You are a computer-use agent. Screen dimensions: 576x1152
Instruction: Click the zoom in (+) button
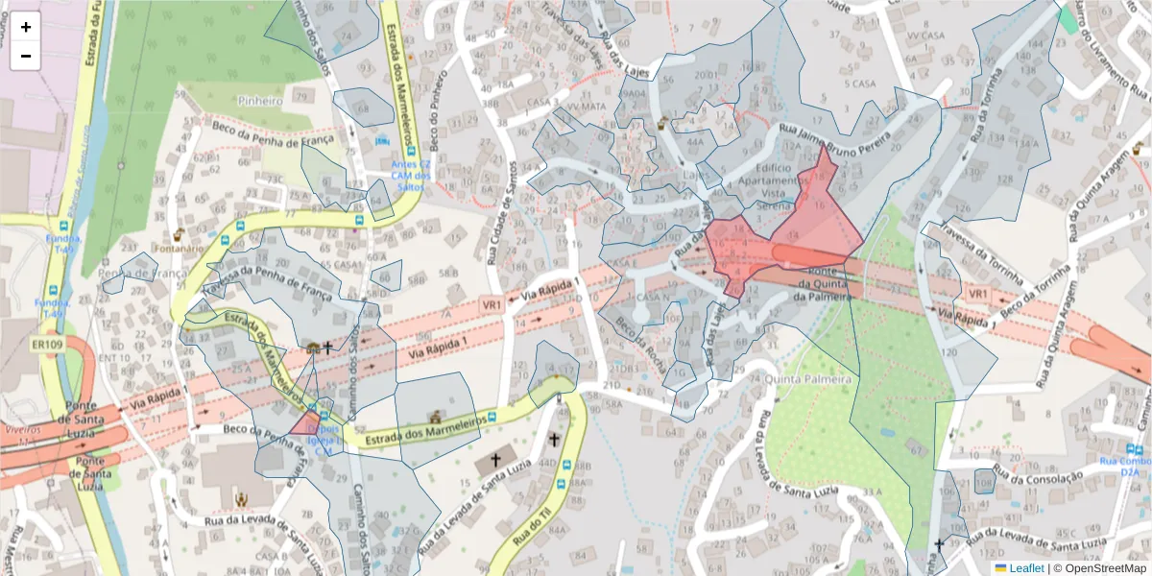click(26, 27)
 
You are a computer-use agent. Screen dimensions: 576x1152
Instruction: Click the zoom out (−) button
click(26, 56)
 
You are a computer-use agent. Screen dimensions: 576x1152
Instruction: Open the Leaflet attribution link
click(1025, 568)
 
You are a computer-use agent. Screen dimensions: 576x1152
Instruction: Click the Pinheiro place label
click(260, 100)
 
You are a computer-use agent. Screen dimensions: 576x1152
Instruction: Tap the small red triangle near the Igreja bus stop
click(305, 424)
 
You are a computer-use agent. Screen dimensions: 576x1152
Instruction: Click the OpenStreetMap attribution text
click(1105, 568)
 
